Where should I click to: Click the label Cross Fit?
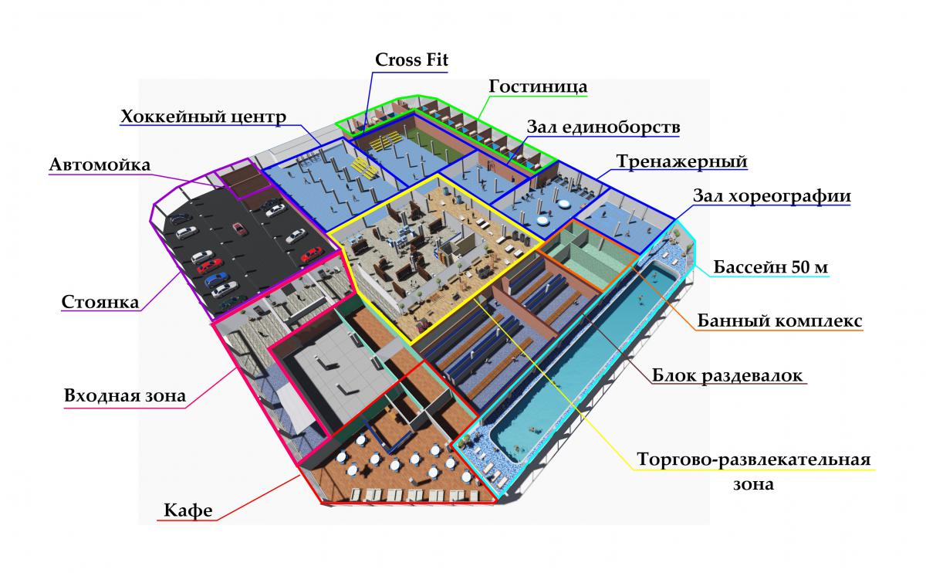coord(411,60)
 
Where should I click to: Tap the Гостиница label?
coord(538,86)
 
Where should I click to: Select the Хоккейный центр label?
coord(204,117)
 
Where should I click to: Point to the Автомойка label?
coord(100,165)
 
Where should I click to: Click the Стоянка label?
coord(100,301)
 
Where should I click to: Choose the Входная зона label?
coord(125,397)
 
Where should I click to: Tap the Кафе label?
coord(188,510)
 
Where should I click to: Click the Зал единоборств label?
coord(603,127)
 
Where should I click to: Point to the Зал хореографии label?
coord(772,196)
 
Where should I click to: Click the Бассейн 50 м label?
coord(771,267)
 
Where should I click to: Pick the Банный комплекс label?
coord(779,320)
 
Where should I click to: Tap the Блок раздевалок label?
coord(728,375)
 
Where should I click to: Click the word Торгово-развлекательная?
coord(753,461)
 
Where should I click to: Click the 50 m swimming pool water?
coord(579,363)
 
